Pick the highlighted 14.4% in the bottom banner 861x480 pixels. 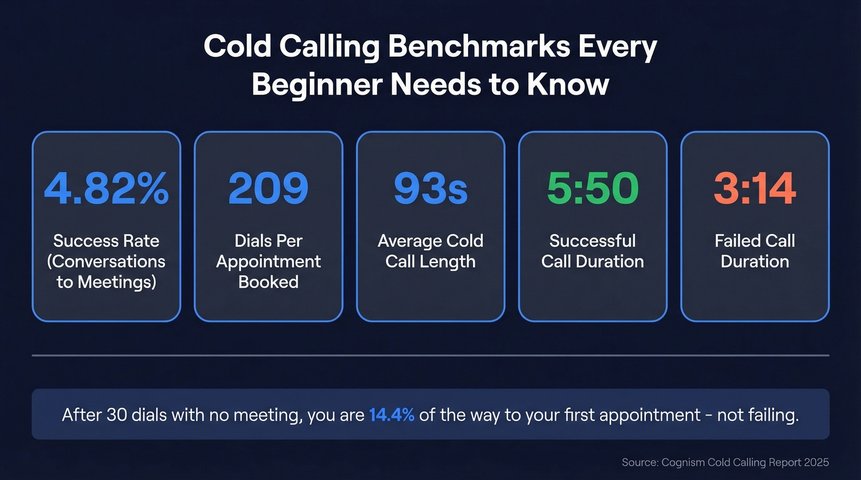point(392,415)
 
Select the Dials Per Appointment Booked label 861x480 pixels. point(268,261)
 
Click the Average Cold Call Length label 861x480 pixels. point(430,251)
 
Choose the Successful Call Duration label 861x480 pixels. point(592,251)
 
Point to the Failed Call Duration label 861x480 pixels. point(755,251)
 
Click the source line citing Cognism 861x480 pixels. point(725,462)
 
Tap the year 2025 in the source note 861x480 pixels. point(815,462)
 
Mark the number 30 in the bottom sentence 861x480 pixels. point(116,415)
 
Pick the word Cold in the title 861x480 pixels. point(237,47)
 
